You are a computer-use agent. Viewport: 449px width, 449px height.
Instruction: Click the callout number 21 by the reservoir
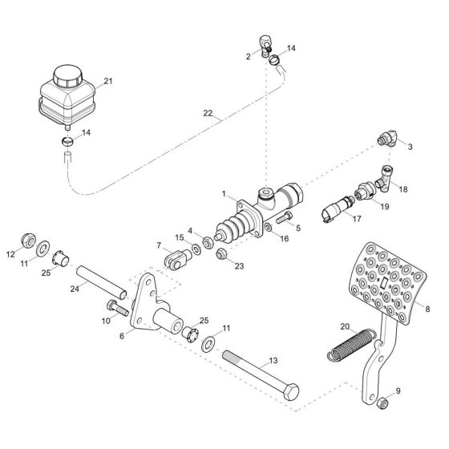[108, 81]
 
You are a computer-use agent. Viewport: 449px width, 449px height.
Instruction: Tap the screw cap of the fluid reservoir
[63, 78]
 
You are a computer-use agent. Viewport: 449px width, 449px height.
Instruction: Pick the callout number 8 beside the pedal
[428, 307]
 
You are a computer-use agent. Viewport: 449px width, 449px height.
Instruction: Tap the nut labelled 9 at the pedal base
[382, 400]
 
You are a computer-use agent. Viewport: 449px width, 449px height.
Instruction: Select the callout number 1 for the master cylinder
[225, 194]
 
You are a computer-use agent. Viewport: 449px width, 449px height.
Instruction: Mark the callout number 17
[357, 217]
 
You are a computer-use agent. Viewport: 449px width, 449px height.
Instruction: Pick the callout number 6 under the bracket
[123, 336]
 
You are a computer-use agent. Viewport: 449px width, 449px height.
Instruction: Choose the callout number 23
[239, 266]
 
